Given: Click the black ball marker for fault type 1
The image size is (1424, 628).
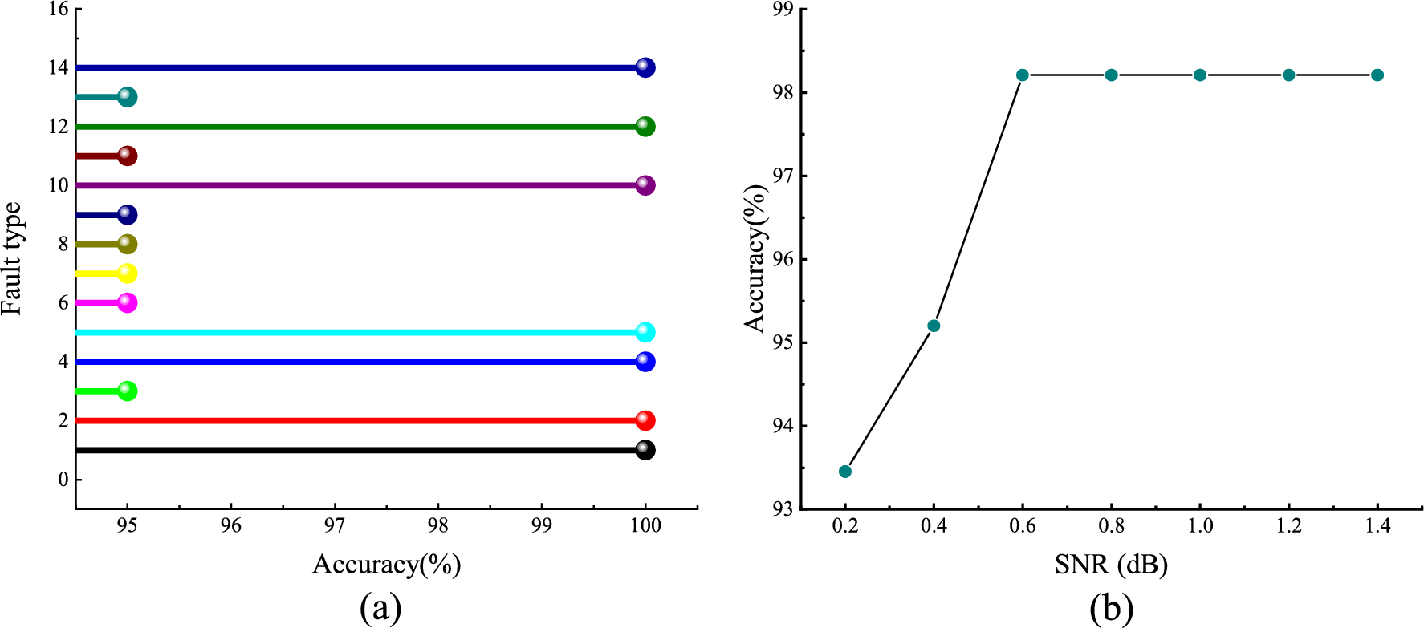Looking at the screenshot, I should point(645,450).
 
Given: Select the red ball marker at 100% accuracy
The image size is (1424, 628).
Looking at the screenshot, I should point(645,420).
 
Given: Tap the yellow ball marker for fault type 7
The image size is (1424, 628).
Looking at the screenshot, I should point(127,273).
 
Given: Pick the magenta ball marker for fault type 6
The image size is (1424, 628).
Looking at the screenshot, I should point(127,303).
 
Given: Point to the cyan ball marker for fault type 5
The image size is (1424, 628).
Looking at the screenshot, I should point(645,332).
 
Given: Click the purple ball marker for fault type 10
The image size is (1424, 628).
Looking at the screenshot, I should point(645,185).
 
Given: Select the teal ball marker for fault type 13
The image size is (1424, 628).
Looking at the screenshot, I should point(127,97).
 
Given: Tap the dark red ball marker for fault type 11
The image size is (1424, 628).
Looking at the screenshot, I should point(127,156).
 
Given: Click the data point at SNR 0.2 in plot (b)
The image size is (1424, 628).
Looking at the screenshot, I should point(845,471).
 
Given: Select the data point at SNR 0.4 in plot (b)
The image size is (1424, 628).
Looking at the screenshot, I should point(934,326).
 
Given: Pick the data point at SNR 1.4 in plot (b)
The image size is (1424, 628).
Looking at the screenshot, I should point(1377,75).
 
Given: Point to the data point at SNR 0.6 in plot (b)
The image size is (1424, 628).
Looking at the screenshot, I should point(1023,75).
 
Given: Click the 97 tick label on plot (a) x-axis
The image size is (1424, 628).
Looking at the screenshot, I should point(335,526).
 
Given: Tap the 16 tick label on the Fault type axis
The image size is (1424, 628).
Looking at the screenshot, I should point(59,10).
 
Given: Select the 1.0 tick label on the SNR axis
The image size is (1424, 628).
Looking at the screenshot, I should point(1200,526).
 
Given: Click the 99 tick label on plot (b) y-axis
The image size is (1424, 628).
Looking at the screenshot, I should point(782,10).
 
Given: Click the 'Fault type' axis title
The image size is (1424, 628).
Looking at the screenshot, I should point(11,258).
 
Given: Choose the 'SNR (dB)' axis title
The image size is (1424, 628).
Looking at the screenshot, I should point(1111,565).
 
